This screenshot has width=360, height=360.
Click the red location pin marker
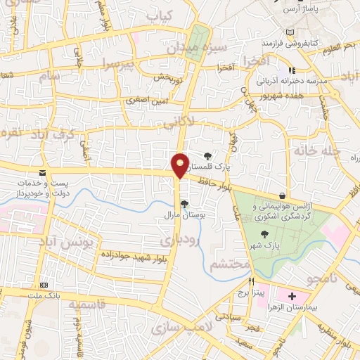[180, 166]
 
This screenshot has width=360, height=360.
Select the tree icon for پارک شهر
[264, 234]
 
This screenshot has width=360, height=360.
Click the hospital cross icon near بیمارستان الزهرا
[292, 297]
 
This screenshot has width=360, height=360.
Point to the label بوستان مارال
[184, 214]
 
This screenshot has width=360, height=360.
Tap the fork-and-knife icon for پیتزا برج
[240, 281]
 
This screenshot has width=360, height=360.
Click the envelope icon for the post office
[43, 172]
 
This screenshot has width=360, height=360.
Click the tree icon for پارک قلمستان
[207, 155]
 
